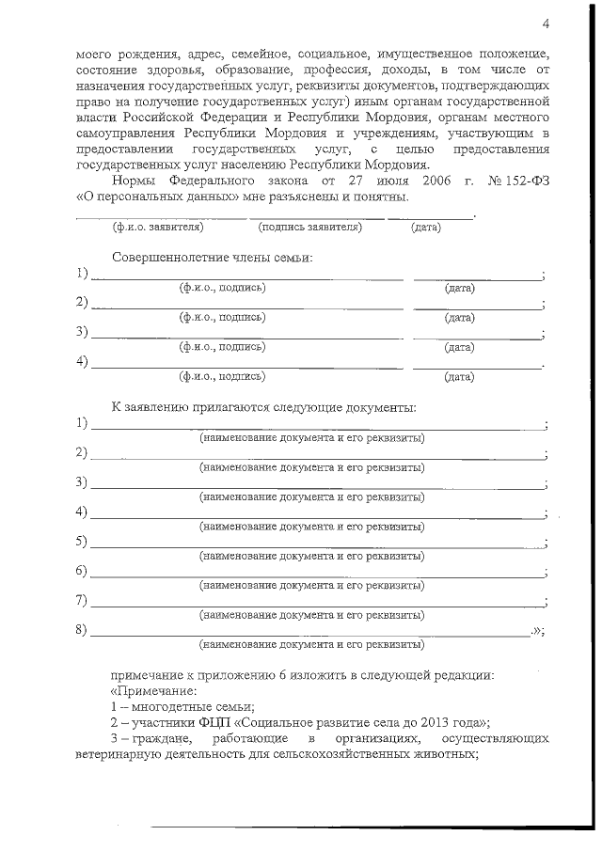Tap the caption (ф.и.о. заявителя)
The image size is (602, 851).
(x=157, y=227)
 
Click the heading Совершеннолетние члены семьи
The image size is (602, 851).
(x=212, y=257)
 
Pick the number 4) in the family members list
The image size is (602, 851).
(x=82, y=361)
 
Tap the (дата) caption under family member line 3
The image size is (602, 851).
(x=459, y=347)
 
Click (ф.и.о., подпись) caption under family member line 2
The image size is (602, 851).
(x=222, y=317)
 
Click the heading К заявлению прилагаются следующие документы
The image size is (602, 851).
(x=263, y=407)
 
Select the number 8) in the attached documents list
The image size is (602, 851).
(x=82, y=629)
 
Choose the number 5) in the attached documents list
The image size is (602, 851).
(x=82, y=542)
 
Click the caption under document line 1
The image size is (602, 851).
(x=311, y=438)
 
